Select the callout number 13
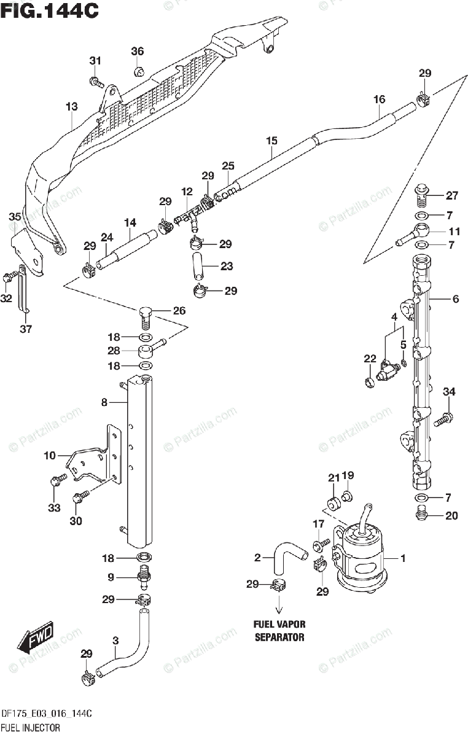pos(72,106)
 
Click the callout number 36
pos(137,51)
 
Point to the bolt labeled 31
pos(96,81)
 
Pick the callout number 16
pos(379,99)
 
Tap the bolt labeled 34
pos(443,420)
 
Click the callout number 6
pos(456,299)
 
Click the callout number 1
pos(403,558)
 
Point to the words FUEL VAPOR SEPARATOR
pos(279,630)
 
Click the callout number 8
pos(104,402)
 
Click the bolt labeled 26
pos(146,315)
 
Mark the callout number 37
pos(25,329)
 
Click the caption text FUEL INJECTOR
pos(30,728)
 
